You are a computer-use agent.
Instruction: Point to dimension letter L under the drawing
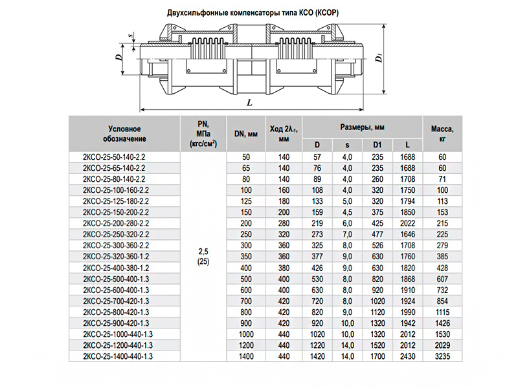[x=249, y=102]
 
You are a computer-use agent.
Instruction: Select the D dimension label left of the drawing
[x=119, y=57]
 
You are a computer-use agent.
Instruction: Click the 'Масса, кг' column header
[x=442, y=133]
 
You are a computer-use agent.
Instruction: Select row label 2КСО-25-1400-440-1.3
[x=118, y=356]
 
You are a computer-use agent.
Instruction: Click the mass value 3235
[x=442, y=356]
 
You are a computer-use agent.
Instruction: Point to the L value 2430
[x=407, y=356]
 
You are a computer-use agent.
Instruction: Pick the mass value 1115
[x=442, y=312]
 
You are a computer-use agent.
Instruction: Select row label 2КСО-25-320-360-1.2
[x=117, y=257]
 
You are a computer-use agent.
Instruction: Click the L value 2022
[x=407, y=223]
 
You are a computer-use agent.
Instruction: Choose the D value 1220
[x=317, y=345]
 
